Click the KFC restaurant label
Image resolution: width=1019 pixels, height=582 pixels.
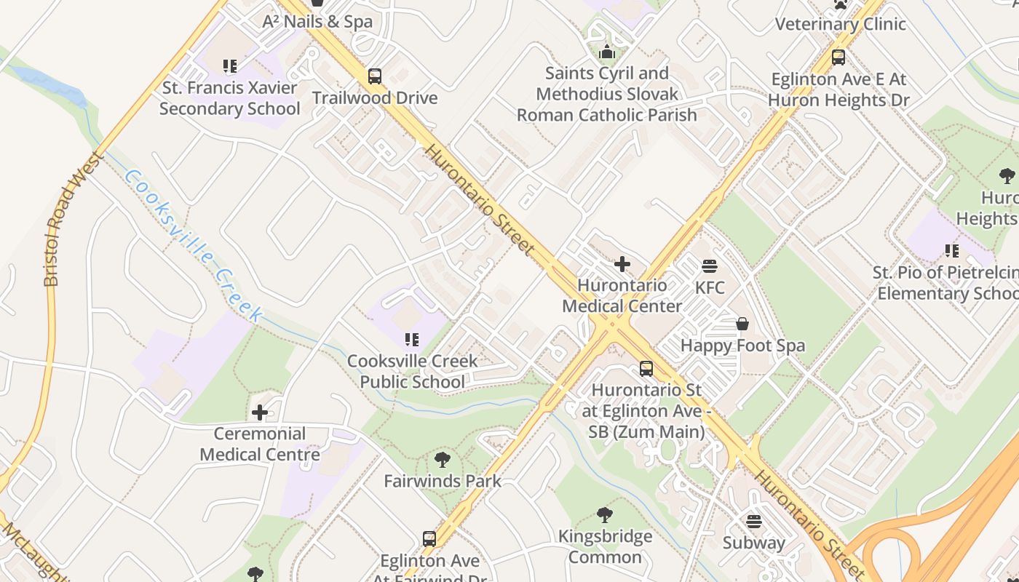pos(710,287)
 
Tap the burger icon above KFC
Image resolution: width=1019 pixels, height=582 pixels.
pos(710,266)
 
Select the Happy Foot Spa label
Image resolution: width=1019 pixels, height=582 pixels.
pos(742,345)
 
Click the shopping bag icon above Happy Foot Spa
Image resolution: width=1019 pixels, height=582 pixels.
pos(742,324)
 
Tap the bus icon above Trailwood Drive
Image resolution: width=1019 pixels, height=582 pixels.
pos(375,76)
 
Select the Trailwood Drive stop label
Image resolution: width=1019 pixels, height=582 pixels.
pos(375,97)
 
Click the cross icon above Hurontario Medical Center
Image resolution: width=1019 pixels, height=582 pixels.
pos(622,264)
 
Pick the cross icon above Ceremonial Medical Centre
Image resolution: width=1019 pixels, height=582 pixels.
pos(260,413)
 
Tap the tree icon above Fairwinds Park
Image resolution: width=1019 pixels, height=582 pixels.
pos(442,460)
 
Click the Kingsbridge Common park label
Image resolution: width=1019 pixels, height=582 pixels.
pos(605,547)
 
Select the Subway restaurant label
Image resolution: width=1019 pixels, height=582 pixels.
pos(753,543)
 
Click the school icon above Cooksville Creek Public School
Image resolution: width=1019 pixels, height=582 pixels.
pos(412,340)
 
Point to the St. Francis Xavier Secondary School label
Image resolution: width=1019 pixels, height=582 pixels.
pos(230,98)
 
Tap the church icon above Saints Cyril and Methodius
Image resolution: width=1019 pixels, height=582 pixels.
pos(607,52)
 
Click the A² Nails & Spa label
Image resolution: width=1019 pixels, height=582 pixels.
pos(317,21)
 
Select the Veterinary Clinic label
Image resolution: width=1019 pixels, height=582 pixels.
pos(840,23)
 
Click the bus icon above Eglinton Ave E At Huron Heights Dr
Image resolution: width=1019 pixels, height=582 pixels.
pos(838,57)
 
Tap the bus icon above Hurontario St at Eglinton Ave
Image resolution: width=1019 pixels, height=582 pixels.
pos(646,369)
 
